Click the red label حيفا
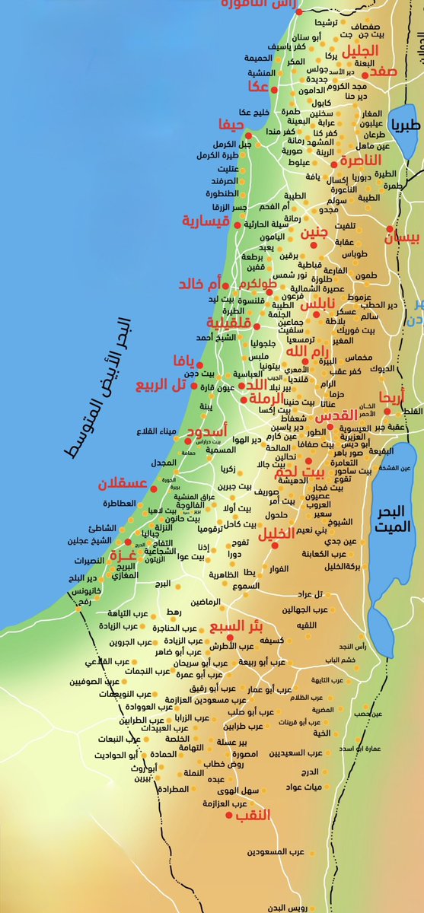[x=231, y=124]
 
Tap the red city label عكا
[x=258, y=87]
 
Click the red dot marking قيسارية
[x=237, y=226]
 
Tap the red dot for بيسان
[x=390, y=228]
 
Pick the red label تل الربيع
[x=161, y=385]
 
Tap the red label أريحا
[x=392, y=396]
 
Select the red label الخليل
[x=277, y=535]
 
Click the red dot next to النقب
[x=229, y=815]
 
